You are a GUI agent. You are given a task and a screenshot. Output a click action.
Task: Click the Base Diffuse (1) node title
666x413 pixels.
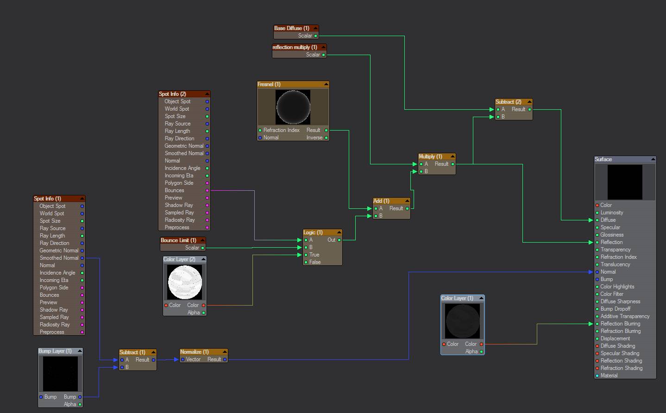pyautogui.click(x=292, y=28)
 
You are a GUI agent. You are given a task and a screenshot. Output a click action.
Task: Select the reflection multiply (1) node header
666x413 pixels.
pyautogui.click(x=295, y=47)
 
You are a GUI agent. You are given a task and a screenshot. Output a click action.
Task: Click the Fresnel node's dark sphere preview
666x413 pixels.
pyautogui.click(x=293, y=107)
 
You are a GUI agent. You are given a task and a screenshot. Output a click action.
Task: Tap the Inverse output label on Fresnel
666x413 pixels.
pyautogui.click(x=314, y=138)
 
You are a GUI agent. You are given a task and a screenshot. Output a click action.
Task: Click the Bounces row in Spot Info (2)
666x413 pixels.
pyautogui.click(x=175, y=190)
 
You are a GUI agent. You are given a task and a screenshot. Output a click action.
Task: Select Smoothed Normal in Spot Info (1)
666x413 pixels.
pyautogui.click(x=59, y=258)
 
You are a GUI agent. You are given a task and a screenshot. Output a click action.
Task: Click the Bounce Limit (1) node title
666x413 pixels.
pyautogui.click(x=178, y=240)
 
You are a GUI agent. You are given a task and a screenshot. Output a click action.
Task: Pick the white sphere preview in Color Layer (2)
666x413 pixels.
pyautogui.click(x=185, y=282)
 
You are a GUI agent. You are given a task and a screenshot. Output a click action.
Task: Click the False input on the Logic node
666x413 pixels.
pyautogui.click(x=315, y=262)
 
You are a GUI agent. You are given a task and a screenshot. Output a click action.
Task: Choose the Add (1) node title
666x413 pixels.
pyautogui.click(x=381, y=201)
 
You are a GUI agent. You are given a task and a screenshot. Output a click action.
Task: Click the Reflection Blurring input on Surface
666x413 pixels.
pyautogui.click(x=620, y=324)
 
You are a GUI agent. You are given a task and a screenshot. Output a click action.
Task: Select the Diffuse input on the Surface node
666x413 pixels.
pyautogui.click(x=608, y=220)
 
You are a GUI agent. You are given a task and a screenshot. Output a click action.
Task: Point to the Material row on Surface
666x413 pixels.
pyautogui.click(x=609, y=375)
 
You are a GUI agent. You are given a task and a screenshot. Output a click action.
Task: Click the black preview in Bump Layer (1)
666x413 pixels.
pyautogui.click(x=60, y=374)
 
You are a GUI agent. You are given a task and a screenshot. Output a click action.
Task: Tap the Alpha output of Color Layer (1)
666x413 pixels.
pyautogui.click(x=471, y=351)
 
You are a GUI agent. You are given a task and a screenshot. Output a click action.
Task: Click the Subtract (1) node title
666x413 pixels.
pyautogui.click(x=132, y=352)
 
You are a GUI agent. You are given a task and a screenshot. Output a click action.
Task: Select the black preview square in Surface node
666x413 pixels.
pyautogui.click(x=625, y=182)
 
